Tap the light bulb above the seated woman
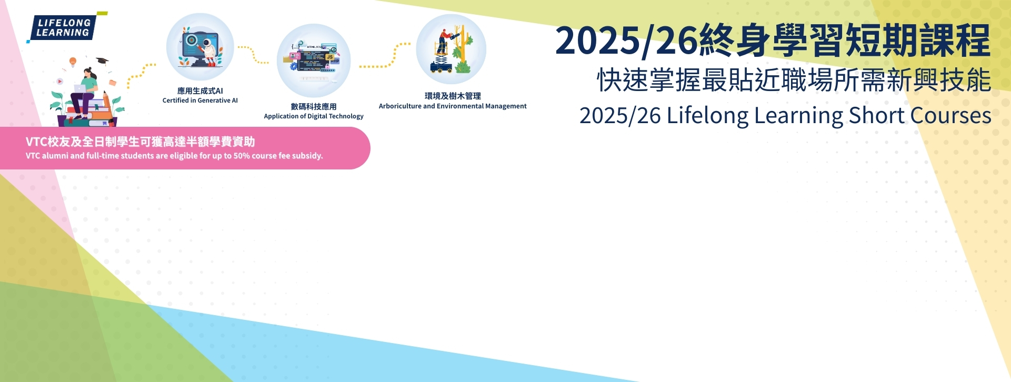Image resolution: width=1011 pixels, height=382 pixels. (73, 62)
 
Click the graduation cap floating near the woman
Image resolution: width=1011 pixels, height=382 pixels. (102, 61)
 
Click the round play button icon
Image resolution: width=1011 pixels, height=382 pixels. (59, 82)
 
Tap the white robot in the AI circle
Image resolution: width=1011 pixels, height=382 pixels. (209, 51)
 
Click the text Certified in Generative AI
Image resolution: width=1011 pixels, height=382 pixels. (200, 100)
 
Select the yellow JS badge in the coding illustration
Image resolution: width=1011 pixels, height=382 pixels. (329, 57)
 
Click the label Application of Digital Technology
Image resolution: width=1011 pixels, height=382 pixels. (314, 116)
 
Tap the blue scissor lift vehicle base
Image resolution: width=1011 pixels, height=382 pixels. (441, 67)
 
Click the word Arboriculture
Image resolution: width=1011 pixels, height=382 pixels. (400, 106)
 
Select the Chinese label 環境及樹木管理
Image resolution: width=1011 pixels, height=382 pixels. (453, 96)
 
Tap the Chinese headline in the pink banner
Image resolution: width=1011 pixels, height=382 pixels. (140, 142)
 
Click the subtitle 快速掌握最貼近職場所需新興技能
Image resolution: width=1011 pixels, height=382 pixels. (794, 81)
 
